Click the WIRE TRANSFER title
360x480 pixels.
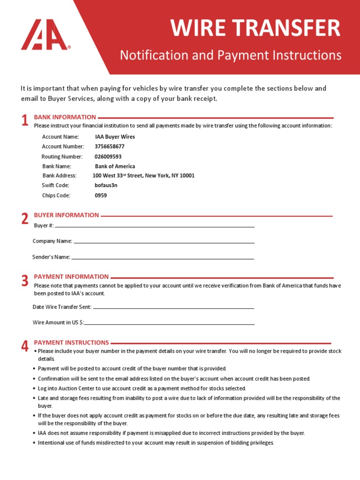click(x=255, y=28)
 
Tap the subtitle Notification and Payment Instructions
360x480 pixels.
click(x=231, y=55)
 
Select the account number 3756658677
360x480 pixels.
click(x=110, y=147)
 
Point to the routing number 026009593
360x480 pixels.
click(x=108, y=157)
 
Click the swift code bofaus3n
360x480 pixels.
click(x=106, y=185)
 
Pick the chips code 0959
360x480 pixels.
click(x=101, y=195)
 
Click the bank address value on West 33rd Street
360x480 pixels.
click(x=143, y=176)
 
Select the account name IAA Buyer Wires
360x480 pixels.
click(x=115, y=137)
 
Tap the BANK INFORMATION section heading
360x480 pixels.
click(x=65, y=117)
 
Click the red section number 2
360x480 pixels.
click(x=25, y=218)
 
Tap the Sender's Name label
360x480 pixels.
click(x=51, y=257)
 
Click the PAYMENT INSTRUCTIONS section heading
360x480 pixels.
click(x=71, y=343)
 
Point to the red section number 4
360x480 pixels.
click(x=25, y=346)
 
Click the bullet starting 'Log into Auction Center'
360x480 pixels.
click(x=142, y=389)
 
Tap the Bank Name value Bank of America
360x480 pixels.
click(x=115, y=166)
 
